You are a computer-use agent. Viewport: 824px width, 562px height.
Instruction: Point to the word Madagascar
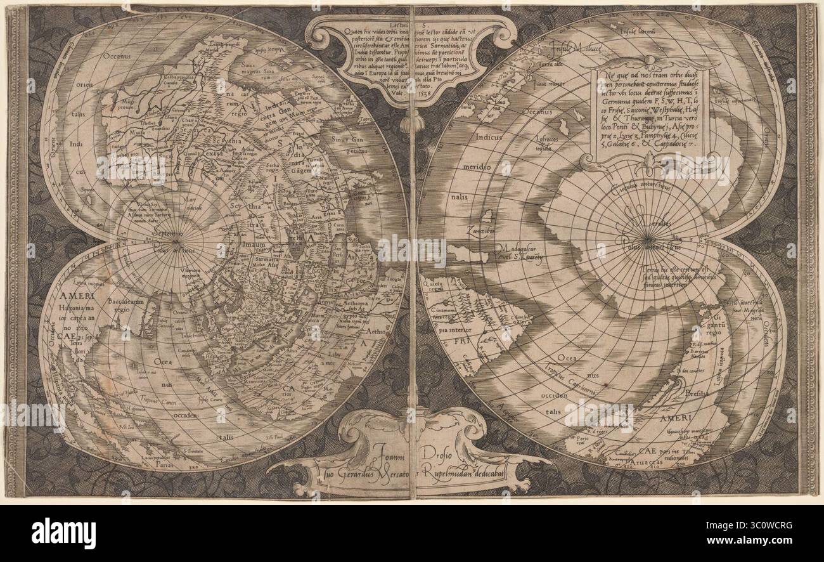pyautogui.click(x=517, y=249)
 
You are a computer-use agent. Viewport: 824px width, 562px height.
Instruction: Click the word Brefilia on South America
pyautogui.click(x=697, y=393)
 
